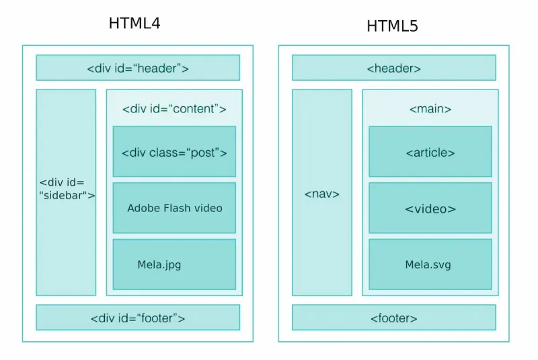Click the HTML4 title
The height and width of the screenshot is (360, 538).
[134, 24]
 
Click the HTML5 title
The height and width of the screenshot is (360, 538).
[392, 26]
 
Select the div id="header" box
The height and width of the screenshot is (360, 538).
[138, 68]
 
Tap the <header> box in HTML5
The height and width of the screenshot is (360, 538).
[393, 68]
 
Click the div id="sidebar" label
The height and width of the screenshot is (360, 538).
[67, 189]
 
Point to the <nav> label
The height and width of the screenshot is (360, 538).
[321, 194]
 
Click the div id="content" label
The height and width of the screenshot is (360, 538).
[174, 109]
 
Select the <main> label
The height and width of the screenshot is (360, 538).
[430, 109]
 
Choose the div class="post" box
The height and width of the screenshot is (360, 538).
[174, 152]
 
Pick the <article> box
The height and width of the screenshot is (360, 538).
[430, 152]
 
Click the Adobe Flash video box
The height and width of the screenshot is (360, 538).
[174, 208]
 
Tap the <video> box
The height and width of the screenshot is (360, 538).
[430, 209]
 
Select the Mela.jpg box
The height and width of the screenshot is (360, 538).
[174, 264]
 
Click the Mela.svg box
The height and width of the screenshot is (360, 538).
[430, 264]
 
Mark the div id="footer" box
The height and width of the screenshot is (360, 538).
[138, 318]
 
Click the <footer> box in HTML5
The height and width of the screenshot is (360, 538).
[393, 318]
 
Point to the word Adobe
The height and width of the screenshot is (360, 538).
[143, 208]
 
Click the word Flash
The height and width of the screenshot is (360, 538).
[177, 208]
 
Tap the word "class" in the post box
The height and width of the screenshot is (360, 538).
[161, 153]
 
